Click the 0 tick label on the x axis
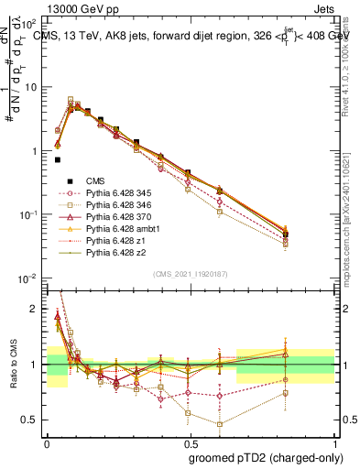tap(47, 442)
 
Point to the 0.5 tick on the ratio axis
tap(33, 420)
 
